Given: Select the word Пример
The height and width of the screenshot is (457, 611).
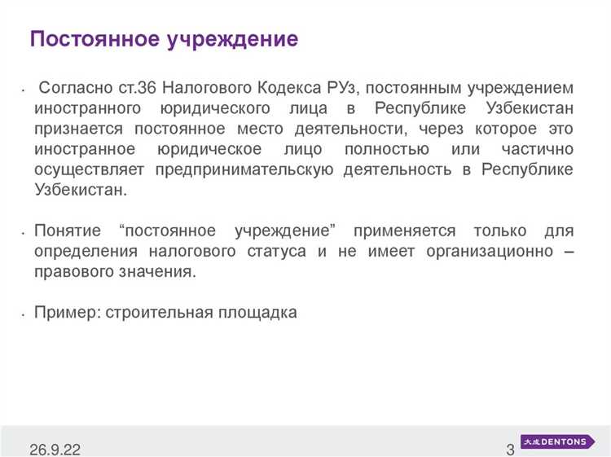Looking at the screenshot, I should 65,313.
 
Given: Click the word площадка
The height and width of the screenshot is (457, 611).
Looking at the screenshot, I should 258,313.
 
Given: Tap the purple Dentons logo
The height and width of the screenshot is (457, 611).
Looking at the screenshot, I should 558,442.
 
